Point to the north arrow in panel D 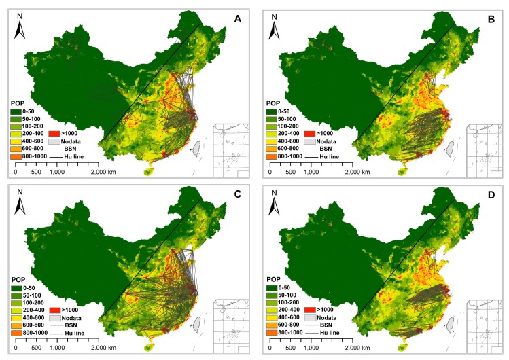(275, 208)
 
